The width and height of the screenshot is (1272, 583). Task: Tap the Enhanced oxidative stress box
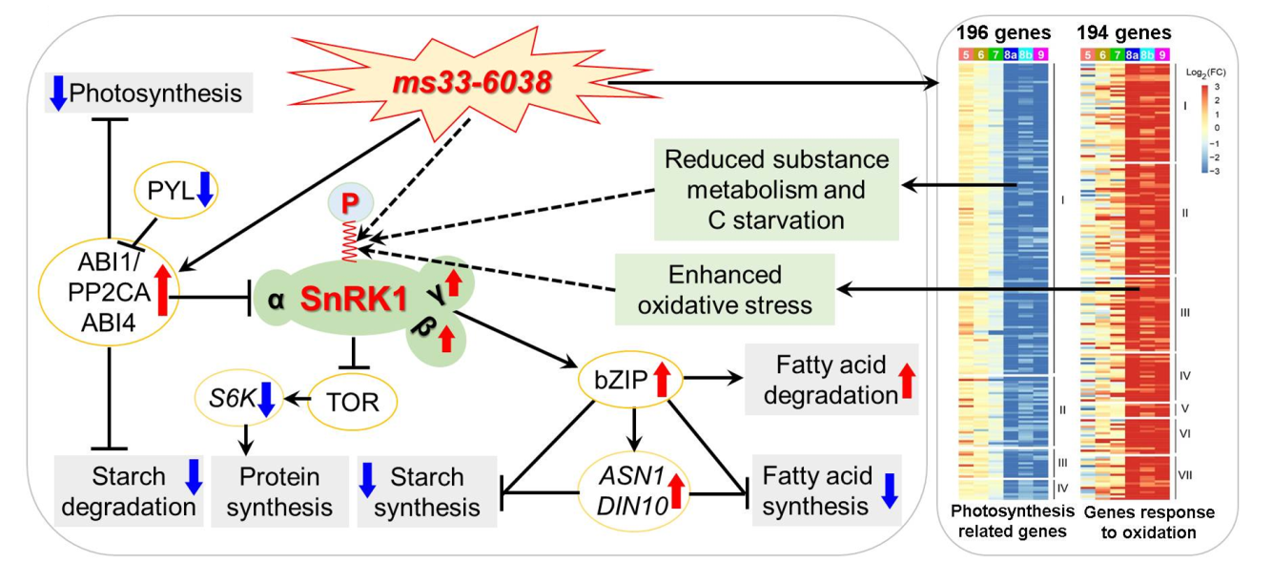point(725,290)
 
